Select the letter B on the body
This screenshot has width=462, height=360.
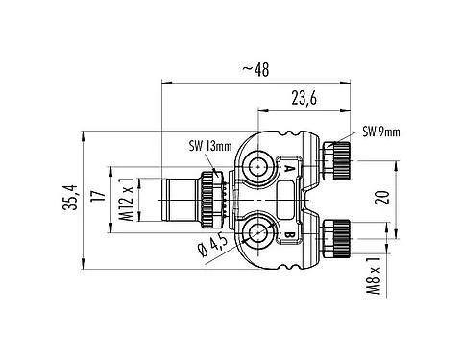click(x=288, y=231)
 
